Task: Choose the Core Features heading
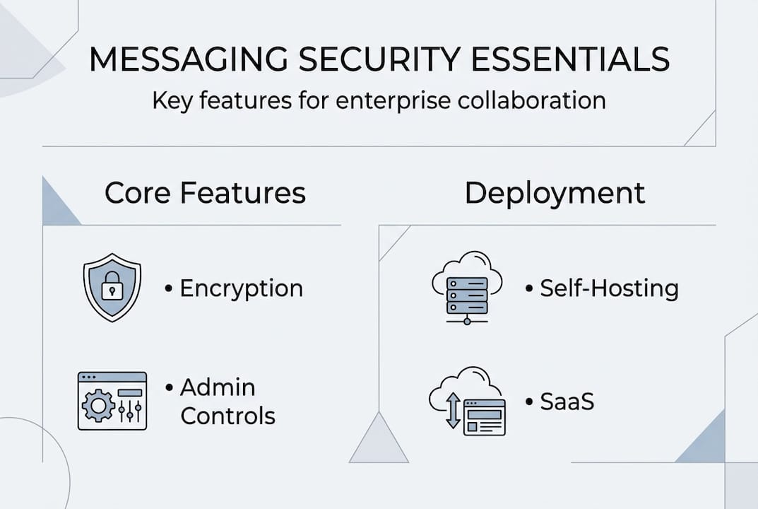205,193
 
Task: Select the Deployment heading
555,193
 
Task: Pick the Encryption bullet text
241,288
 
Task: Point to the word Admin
218,387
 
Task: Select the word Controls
227,415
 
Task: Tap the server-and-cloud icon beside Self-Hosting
466,286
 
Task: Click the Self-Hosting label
608,288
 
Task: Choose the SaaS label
567,402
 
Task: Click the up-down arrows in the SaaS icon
453,411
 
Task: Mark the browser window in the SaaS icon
485,417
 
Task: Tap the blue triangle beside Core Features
58,205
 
